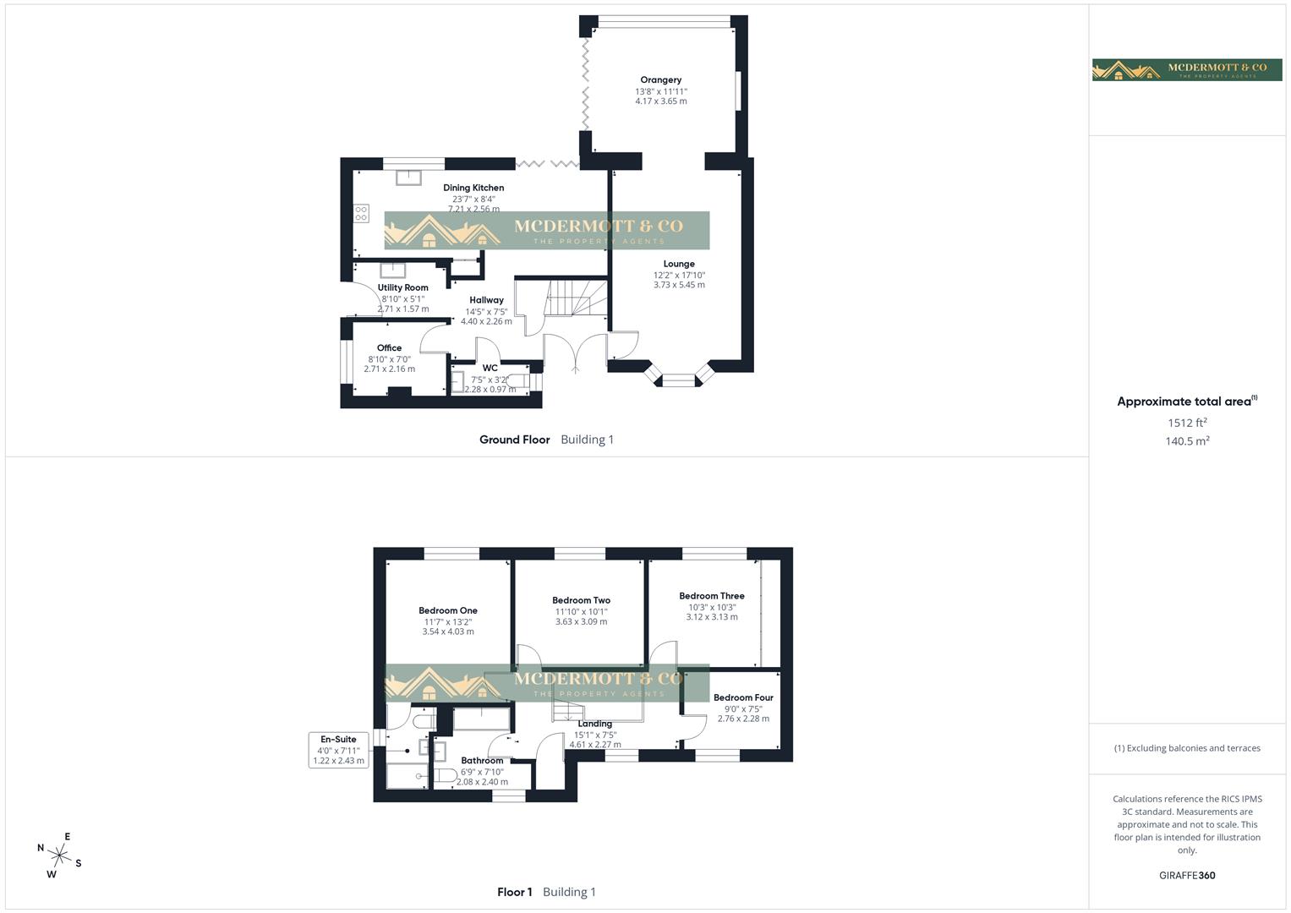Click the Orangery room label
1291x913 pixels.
660,80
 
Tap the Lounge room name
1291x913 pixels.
679,264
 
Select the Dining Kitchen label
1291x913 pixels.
473,188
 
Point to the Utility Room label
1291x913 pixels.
402,287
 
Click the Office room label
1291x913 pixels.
389,347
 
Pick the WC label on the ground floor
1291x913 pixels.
490,368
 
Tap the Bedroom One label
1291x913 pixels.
447,610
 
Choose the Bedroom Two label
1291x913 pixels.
581,600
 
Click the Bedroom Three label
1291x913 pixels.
711,596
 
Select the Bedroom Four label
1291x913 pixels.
743,697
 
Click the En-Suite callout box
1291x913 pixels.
338,750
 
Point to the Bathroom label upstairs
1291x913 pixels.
482,761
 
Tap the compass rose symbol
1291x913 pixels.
60,855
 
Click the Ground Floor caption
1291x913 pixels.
514,440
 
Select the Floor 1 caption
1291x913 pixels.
514,892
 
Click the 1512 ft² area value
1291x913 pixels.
1187,423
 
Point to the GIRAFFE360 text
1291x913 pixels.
1187,875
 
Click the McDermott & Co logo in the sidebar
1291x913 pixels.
1187,69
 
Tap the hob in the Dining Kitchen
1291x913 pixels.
362,213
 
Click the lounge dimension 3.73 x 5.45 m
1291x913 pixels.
679,285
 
